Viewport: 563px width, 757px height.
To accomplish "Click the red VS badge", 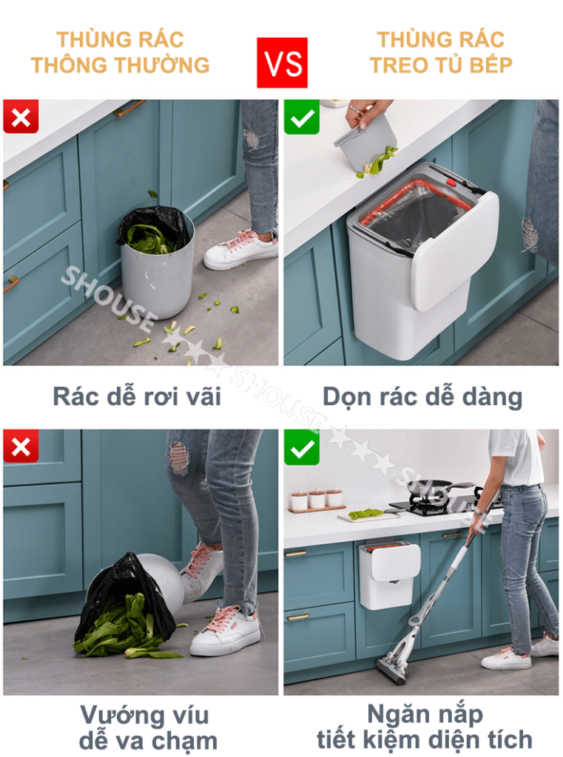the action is [x=282, y=63].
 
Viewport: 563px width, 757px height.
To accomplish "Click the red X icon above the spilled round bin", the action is [x=21, y=117].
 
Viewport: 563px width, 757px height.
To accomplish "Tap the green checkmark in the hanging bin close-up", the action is [x=302, y=117].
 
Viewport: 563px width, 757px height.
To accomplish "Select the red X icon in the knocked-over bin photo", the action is [x=21, y=447].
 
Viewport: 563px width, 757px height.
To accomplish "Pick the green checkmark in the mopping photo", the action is [x=302, y=447].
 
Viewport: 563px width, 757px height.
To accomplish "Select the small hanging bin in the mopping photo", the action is [x=389, y=574].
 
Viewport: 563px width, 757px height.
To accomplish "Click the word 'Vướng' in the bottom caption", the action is [x=119, y=716].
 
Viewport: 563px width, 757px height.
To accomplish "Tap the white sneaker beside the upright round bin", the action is [x=240, y=250].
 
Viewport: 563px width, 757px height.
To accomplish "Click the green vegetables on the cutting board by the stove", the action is [x=366, y=514].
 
